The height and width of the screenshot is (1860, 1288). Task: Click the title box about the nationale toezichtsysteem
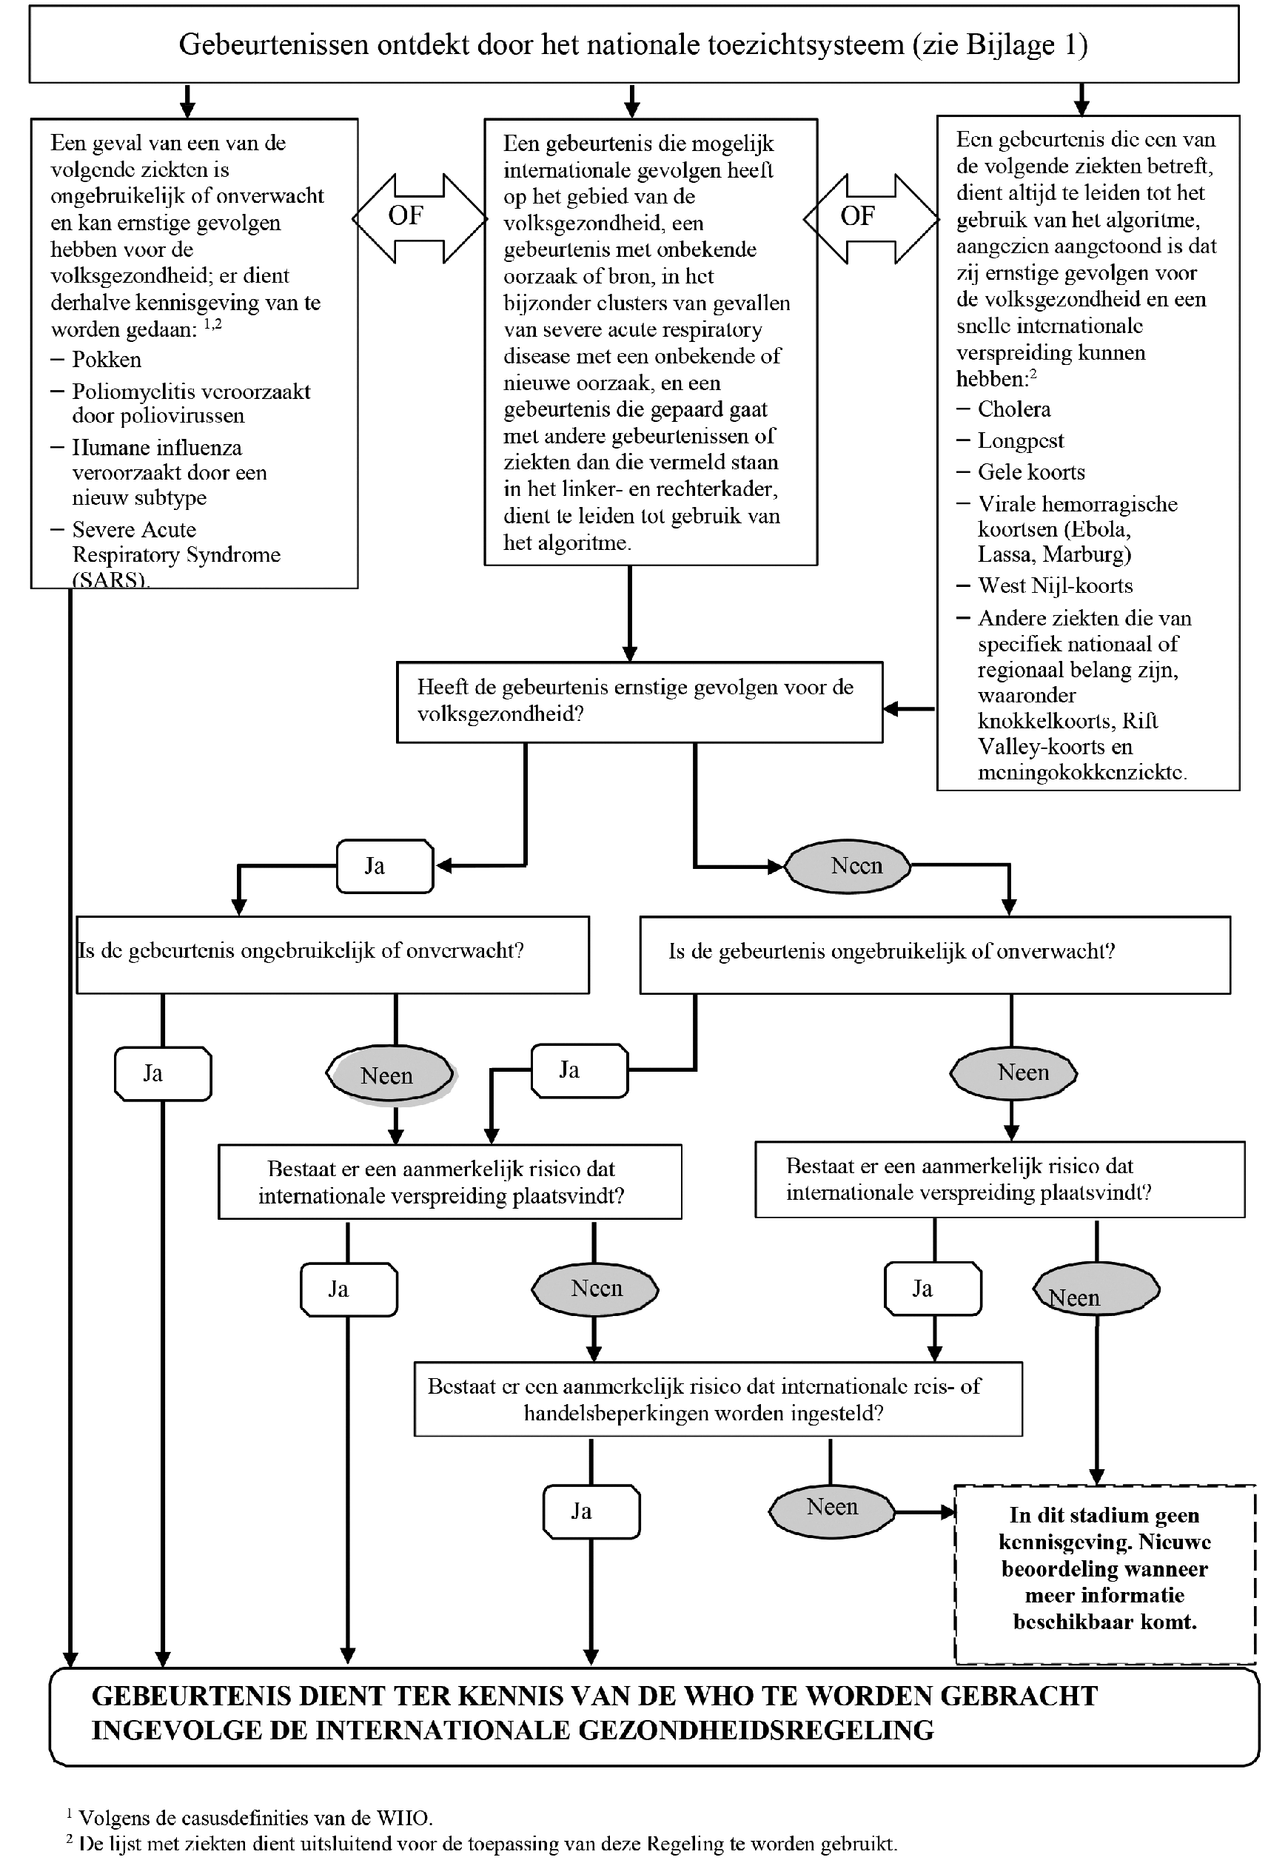[x=634, y=44]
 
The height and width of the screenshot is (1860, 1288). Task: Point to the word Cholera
[x=1013, y=409]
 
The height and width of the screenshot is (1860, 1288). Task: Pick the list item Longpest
[x=1020, y=440]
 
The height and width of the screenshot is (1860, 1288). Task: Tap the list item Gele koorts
[x=1030, y=472]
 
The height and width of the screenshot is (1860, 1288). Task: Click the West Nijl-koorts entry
[x=1055, y=586]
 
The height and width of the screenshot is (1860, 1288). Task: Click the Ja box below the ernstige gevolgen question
[x=385, y=866]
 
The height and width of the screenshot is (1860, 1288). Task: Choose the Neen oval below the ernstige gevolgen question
[x=848, y=866]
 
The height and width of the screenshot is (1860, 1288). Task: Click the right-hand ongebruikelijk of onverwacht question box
[x=934, y=954]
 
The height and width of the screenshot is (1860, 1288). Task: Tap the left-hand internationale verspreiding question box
[x=449, y=1181]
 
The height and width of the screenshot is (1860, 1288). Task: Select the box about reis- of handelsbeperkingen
[x=717, y=1399]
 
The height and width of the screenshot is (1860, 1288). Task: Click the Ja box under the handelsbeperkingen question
[x=591, y=1511]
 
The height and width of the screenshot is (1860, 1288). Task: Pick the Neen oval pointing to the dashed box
[x=831, y=1508]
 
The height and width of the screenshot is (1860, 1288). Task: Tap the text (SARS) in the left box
[x=110, y=580]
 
